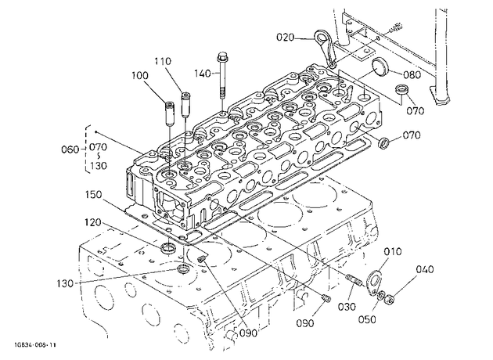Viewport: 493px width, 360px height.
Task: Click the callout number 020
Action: pyautogui.click(x=285, y=38)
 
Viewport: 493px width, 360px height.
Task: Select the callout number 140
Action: pyautogui.click(x=202, y=74)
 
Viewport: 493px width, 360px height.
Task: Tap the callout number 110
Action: pyautogui.click(x=163, y=61)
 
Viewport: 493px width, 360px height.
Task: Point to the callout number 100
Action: pyautogui.click(x=140, y=76)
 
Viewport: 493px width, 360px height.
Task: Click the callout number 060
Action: pyautogui.click(x=70, y=149)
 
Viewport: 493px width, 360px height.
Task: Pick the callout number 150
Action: pyautogui.click(x=93, y=195)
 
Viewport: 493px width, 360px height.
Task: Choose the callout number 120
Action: pyautogui.click(x=93, y=222)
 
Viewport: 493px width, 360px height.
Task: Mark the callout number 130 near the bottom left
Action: pyautogui.click(x=65, y=283)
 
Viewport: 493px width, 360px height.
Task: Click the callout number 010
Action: pyautogui.click(x=393, y=251)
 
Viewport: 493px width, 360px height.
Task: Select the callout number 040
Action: pyautogui.click(x=425, y=269)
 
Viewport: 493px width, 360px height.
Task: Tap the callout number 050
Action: pyautogui.click(x=367, y=319)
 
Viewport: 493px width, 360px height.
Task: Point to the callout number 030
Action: pyautogui.click(x=347, y=306)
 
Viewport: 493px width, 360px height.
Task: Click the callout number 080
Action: pyautogui.click(x=412, y=75)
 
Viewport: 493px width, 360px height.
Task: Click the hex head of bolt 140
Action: pyautogui.click(x=221, y=57)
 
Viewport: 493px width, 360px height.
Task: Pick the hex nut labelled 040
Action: pyautogui.click(x=390, y=299)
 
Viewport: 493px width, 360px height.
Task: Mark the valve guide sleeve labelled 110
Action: pyautogui.click(x=185, y=104)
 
